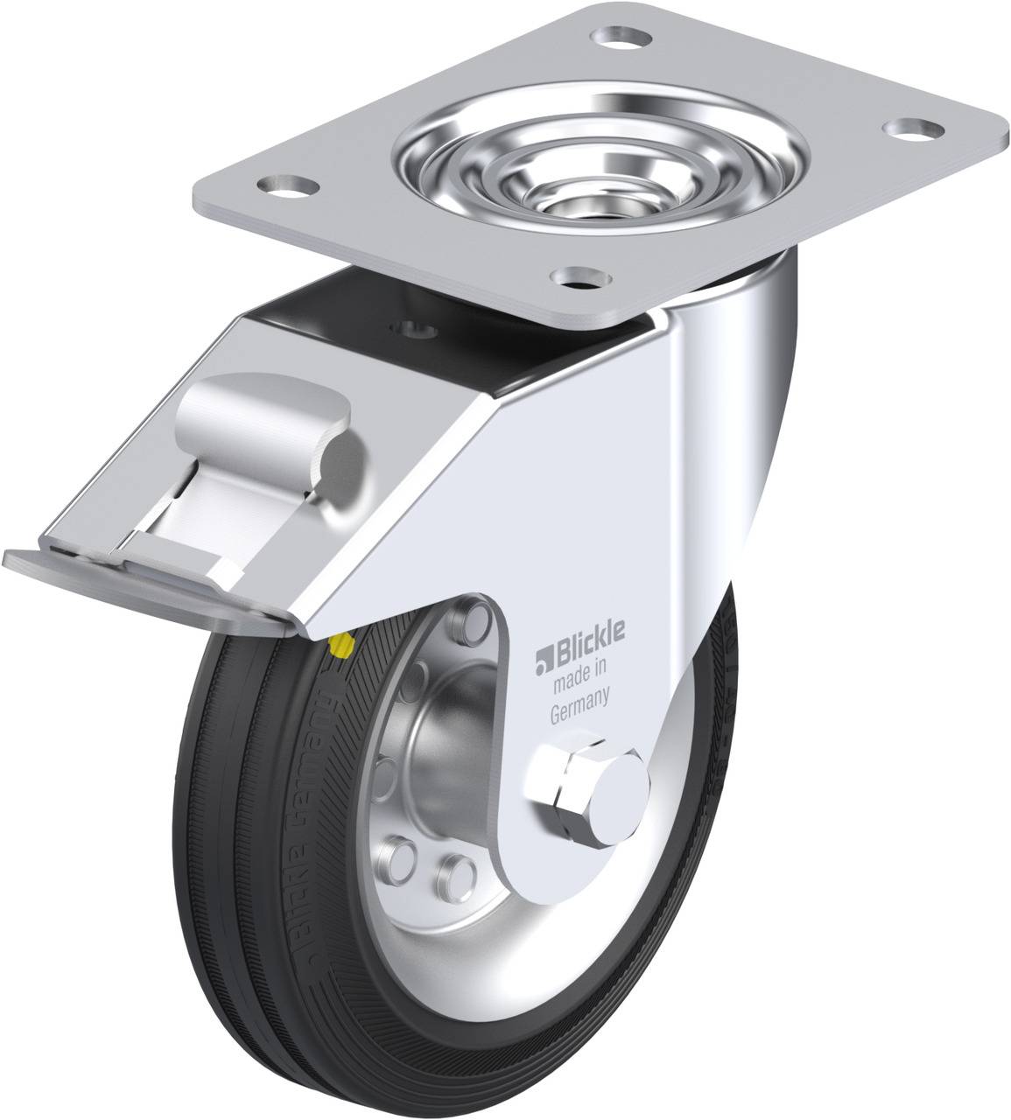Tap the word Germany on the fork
(x=579, y=712)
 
